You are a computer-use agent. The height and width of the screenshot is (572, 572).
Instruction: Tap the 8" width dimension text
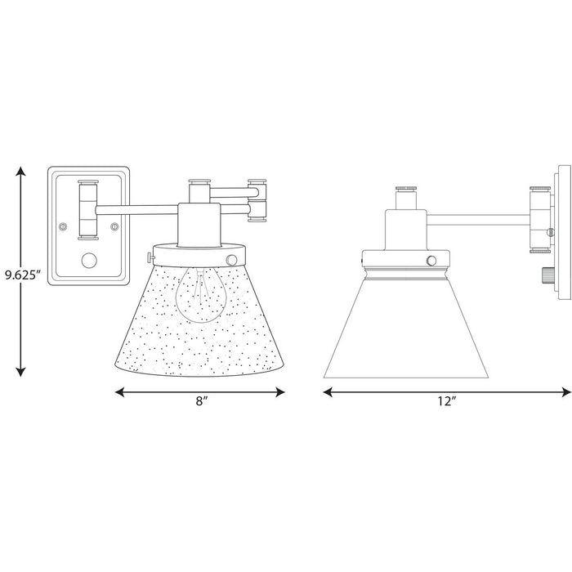click(x=200, y=403)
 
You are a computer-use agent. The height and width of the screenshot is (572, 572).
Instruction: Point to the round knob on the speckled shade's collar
click(x=232, y=259)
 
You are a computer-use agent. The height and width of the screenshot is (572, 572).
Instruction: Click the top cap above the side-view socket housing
click(x=407, y=193)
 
